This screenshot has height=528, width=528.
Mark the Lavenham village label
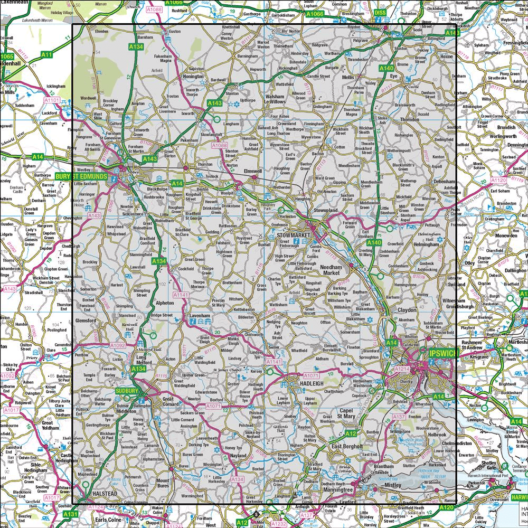tap(200, 316)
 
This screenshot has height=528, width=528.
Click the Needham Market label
tap(333, 270)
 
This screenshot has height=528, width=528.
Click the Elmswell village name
tap(251, 171)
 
